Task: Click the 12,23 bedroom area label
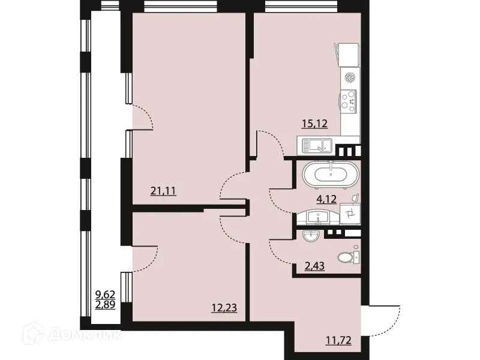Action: pyautogui.click(x=223, y=308)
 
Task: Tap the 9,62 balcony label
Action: pyautogui.click(x=106, y=294)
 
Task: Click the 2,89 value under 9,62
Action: pyautogui.click(x=106, y=305)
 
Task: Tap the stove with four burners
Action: pyautogui.click(x=349, y=100)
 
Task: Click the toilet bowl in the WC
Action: pyautogui.click(x=347, y=257)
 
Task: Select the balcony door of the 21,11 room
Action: pyautogui.click(x=142, y=117)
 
